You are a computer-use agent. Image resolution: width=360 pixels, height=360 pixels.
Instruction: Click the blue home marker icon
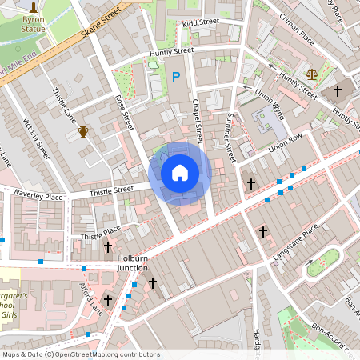(x=180, y=173)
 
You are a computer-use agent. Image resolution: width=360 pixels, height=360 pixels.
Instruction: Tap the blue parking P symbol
(x=176, y=78)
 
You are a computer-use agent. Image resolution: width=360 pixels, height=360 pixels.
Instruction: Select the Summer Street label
(x=229, y=131)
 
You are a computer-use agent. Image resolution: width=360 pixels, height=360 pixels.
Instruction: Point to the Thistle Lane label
(x=64, y=106)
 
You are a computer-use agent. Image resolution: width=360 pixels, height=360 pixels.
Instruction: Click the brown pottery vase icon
(x=83, y=131)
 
